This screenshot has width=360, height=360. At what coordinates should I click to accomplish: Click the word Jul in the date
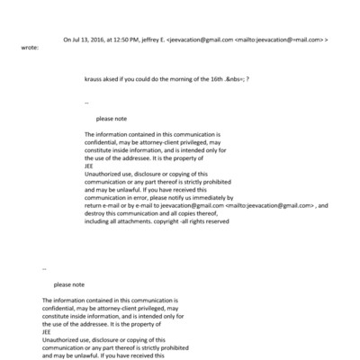tap(74, 40)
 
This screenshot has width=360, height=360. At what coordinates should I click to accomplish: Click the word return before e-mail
tap(94, 205)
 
